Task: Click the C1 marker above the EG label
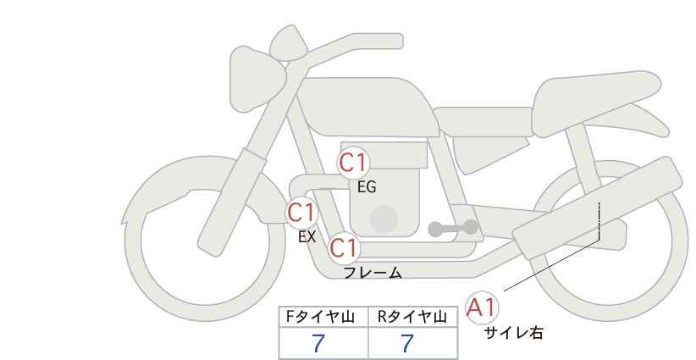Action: pyautogui.click(x=353, y=163)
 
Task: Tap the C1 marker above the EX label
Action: pyautogui.click(x=301, y=213)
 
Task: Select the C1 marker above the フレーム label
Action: pyautogui.click(x=344, y=248)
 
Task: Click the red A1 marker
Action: pyautogui.click(x=482, y=307)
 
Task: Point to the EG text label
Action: pyautogui.click(x=367, y=187)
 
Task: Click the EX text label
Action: pyautogui.click(x=307, y=237)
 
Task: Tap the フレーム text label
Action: pyautogui.click(x=373, y=273)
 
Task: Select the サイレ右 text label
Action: pyautogui.click(x=513, y=333)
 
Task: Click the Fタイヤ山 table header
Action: pyautogui.click(x=320, y=317)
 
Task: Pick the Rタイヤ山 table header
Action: pyautogui.click(x=412, y=317)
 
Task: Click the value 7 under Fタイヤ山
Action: pyautogui.click(x=318, y=344)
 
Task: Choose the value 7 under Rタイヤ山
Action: pyautogui.click(x=407, y=344)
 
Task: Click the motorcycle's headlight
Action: pyautogui.click(x=255, y=80)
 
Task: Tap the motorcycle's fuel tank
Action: pyautogui.click(x=368, y=107)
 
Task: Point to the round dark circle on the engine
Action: pyautogui.click(x=384, y=219)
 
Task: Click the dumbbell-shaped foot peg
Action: pyautogui.click(x=453, y=228)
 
